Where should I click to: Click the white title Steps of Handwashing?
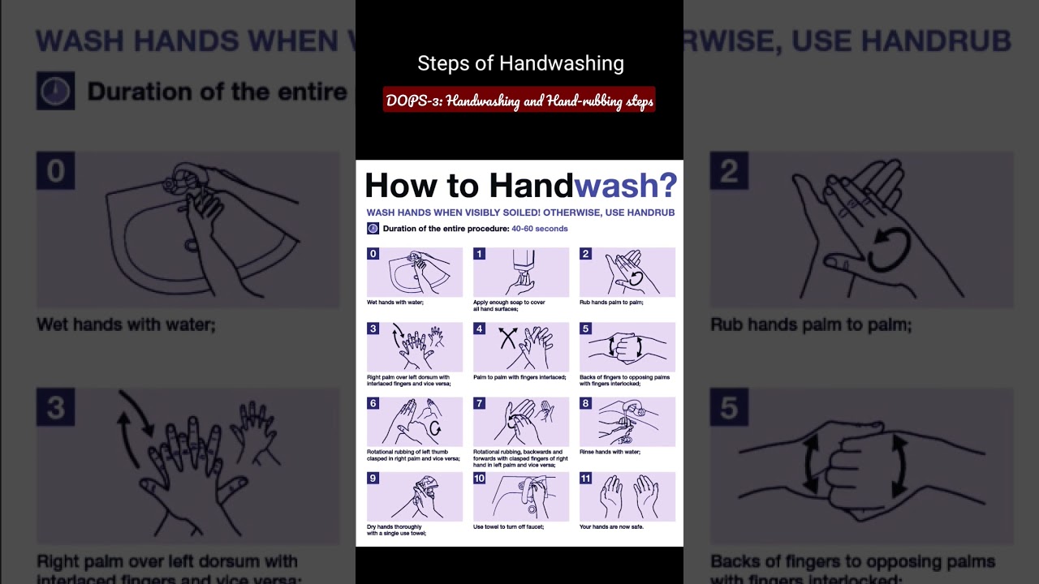point(520,63)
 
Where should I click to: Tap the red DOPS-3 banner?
point(519,101)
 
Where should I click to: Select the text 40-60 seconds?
point(539,229)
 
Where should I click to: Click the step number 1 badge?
point(479,254)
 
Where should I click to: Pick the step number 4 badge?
point(479,328)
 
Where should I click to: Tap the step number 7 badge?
point(479,403)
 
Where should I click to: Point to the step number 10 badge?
point(479,478)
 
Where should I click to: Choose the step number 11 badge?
point(585,478)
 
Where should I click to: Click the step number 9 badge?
point(373,478)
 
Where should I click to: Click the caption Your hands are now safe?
point(611,526)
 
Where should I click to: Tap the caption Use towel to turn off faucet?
point(508,526)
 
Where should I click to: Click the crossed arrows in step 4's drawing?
point(508,337)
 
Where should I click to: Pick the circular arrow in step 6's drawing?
point(435,427)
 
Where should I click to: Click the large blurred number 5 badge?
point(728,408)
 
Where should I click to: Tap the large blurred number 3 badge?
point(55,407)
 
